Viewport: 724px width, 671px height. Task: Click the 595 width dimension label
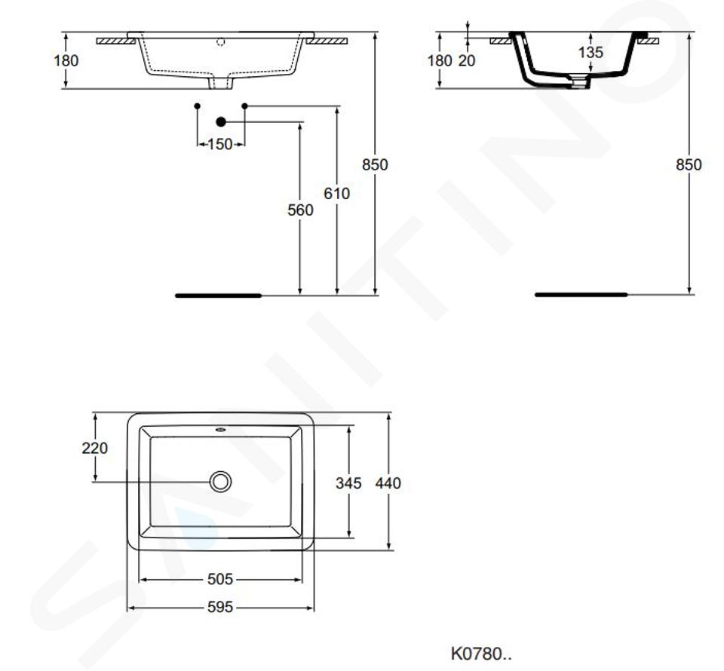tap(220, 607)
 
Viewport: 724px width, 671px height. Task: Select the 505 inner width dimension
tap(220, 579)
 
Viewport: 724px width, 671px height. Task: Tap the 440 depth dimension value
tap(388, 483)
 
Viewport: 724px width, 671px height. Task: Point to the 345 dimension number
tap(348, 483)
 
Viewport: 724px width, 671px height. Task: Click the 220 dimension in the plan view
tap(95, 448)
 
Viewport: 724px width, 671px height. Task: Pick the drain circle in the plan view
tap(220, 482)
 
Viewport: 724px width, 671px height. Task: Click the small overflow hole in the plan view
tap(220, 430)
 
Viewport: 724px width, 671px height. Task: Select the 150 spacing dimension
tap(220, 145)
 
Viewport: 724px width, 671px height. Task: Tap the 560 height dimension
tap(300, 210)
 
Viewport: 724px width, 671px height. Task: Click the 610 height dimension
tap(336, 193)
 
